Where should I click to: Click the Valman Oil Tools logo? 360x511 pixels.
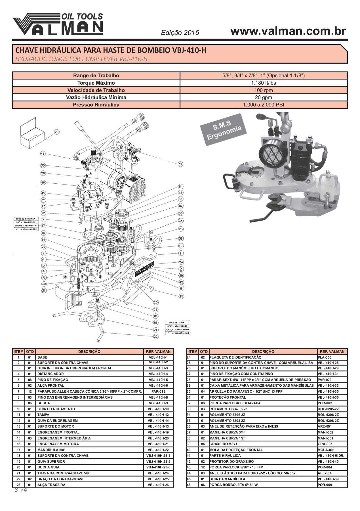[58, 24]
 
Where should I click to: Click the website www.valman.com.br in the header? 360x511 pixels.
[288, 31]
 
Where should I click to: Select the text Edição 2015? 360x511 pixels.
[180, 33]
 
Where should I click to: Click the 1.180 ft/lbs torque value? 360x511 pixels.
[263, 83]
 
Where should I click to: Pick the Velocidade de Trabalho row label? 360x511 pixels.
[96, 90]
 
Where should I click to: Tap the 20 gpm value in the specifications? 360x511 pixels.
[263, 97]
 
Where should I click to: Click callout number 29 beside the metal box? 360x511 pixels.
[57, 132]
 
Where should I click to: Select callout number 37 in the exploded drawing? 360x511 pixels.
[180, 164]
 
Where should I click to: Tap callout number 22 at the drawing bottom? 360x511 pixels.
[156, 336]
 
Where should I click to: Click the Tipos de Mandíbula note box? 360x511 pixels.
[26, 224]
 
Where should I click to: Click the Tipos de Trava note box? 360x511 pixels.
[178, 328]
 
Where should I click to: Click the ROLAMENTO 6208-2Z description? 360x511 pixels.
[227, 421]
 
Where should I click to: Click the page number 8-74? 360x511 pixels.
[20, 490]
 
